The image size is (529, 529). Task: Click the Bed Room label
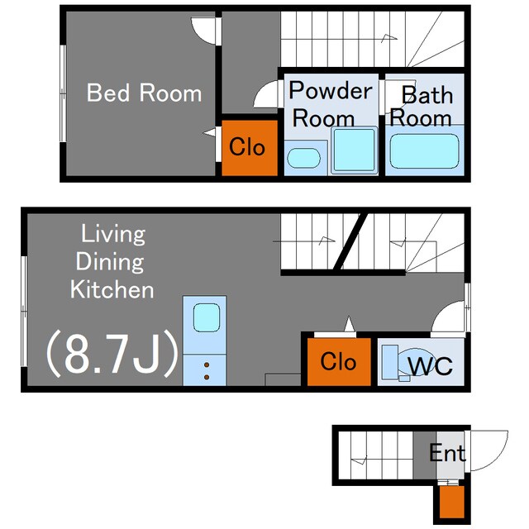point(144,93)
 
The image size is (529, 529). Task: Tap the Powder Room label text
point(331,104)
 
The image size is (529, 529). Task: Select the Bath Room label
point(422,106)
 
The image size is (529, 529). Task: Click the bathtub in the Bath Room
point(424,150)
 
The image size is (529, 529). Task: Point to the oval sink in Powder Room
point(303,158)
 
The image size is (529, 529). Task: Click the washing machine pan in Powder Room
point(355,150)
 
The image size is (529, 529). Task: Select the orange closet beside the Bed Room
point(250,148)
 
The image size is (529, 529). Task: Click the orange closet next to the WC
point(339,361)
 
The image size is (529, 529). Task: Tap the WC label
point(430,365)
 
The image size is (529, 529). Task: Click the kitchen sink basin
point(207,317)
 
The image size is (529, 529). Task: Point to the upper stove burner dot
point(207,365)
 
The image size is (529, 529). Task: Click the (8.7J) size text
point(112,353)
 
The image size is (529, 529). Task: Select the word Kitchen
point(112,289)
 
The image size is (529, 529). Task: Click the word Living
point(113,234)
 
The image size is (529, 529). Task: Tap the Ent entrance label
point(447,453)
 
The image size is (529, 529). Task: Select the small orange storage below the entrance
point(452,502)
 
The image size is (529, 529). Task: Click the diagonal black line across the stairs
point(350,241)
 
